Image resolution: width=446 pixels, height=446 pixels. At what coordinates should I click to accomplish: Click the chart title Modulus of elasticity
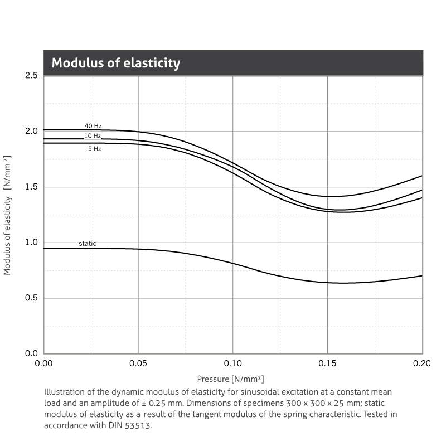(x=116, y=63)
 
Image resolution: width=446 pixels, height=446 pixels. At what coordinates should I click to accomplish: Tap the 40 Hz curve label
(x=93, y=126)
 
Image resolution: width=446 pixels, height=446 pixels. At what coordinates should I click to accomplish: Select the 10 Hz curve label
(x=93, y=136)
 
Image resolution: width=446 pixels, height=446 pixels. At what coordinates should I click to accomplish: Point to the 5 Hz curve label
(x=94, y=149)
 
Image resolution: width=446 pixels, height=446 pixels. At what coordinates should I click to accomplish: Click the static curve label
(x=88, y=244)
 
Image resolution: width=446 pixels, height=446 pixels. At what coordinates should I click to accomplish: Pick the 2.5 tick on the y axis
(x=31, y=75)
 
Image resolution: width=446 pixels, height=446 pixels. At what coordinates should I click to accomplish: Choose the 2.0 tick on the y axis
(x=31, y=131)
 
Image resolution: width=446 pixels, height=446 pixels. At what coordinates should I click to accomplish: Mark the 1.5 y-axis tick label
(x=31, y=187)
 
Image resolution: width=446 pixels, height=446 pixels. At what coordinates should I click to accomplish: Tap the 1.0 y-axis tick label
(x=31, y=243)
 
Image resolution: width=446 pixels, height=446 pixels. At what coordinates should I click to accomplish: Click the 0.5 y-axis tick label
(x=31, y=298)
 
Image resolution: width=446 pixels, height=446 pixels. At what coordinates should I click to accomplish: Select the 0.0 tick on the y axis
(x=31, y=353)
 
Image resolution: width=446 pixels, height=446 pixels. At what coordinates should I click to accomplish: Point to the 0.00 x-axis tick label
(x=43, y=363)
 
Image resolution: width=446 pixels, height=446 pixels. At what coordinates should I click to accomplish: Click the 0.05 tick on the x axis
(x=138, y=363)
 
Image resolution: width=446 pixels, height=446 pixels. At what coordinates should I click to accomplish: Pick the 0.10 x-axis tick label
(x=233, y=363)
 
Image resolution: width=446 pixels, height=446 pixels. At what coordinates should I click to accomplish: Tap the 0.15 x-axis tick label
(x=328, y=363)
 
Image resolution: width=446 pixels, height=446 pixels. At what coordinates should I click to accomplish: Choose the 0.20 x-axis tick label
(x=421, y=363)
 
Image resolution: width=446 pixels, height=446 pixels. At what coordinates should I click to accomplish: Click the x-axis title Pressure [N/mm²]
(x=230, y=379)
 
